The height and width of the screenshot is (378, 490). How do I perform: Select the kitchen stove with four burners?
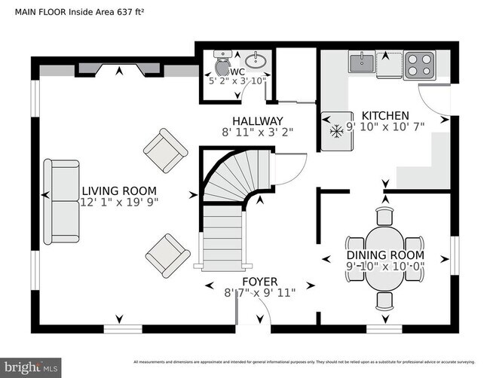(419, 65)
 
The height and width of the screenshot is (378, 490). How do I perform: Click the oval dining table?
(384, 258)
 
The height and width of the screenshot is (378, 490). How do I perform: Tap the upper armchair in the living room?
(165, 149)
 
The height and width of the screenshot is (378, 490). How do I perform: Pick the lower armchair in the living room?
(167, 255)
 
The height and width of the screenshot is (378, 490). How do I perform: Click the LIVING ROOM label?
(119, 191)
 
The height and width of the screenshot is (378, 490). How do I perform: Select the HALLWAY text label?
(257, 120)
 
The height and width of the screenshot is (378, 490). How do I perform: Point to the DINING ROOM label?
(384, 243)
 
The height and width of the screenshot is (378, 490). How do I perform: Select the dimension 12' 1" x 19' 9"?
(119, 202)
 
